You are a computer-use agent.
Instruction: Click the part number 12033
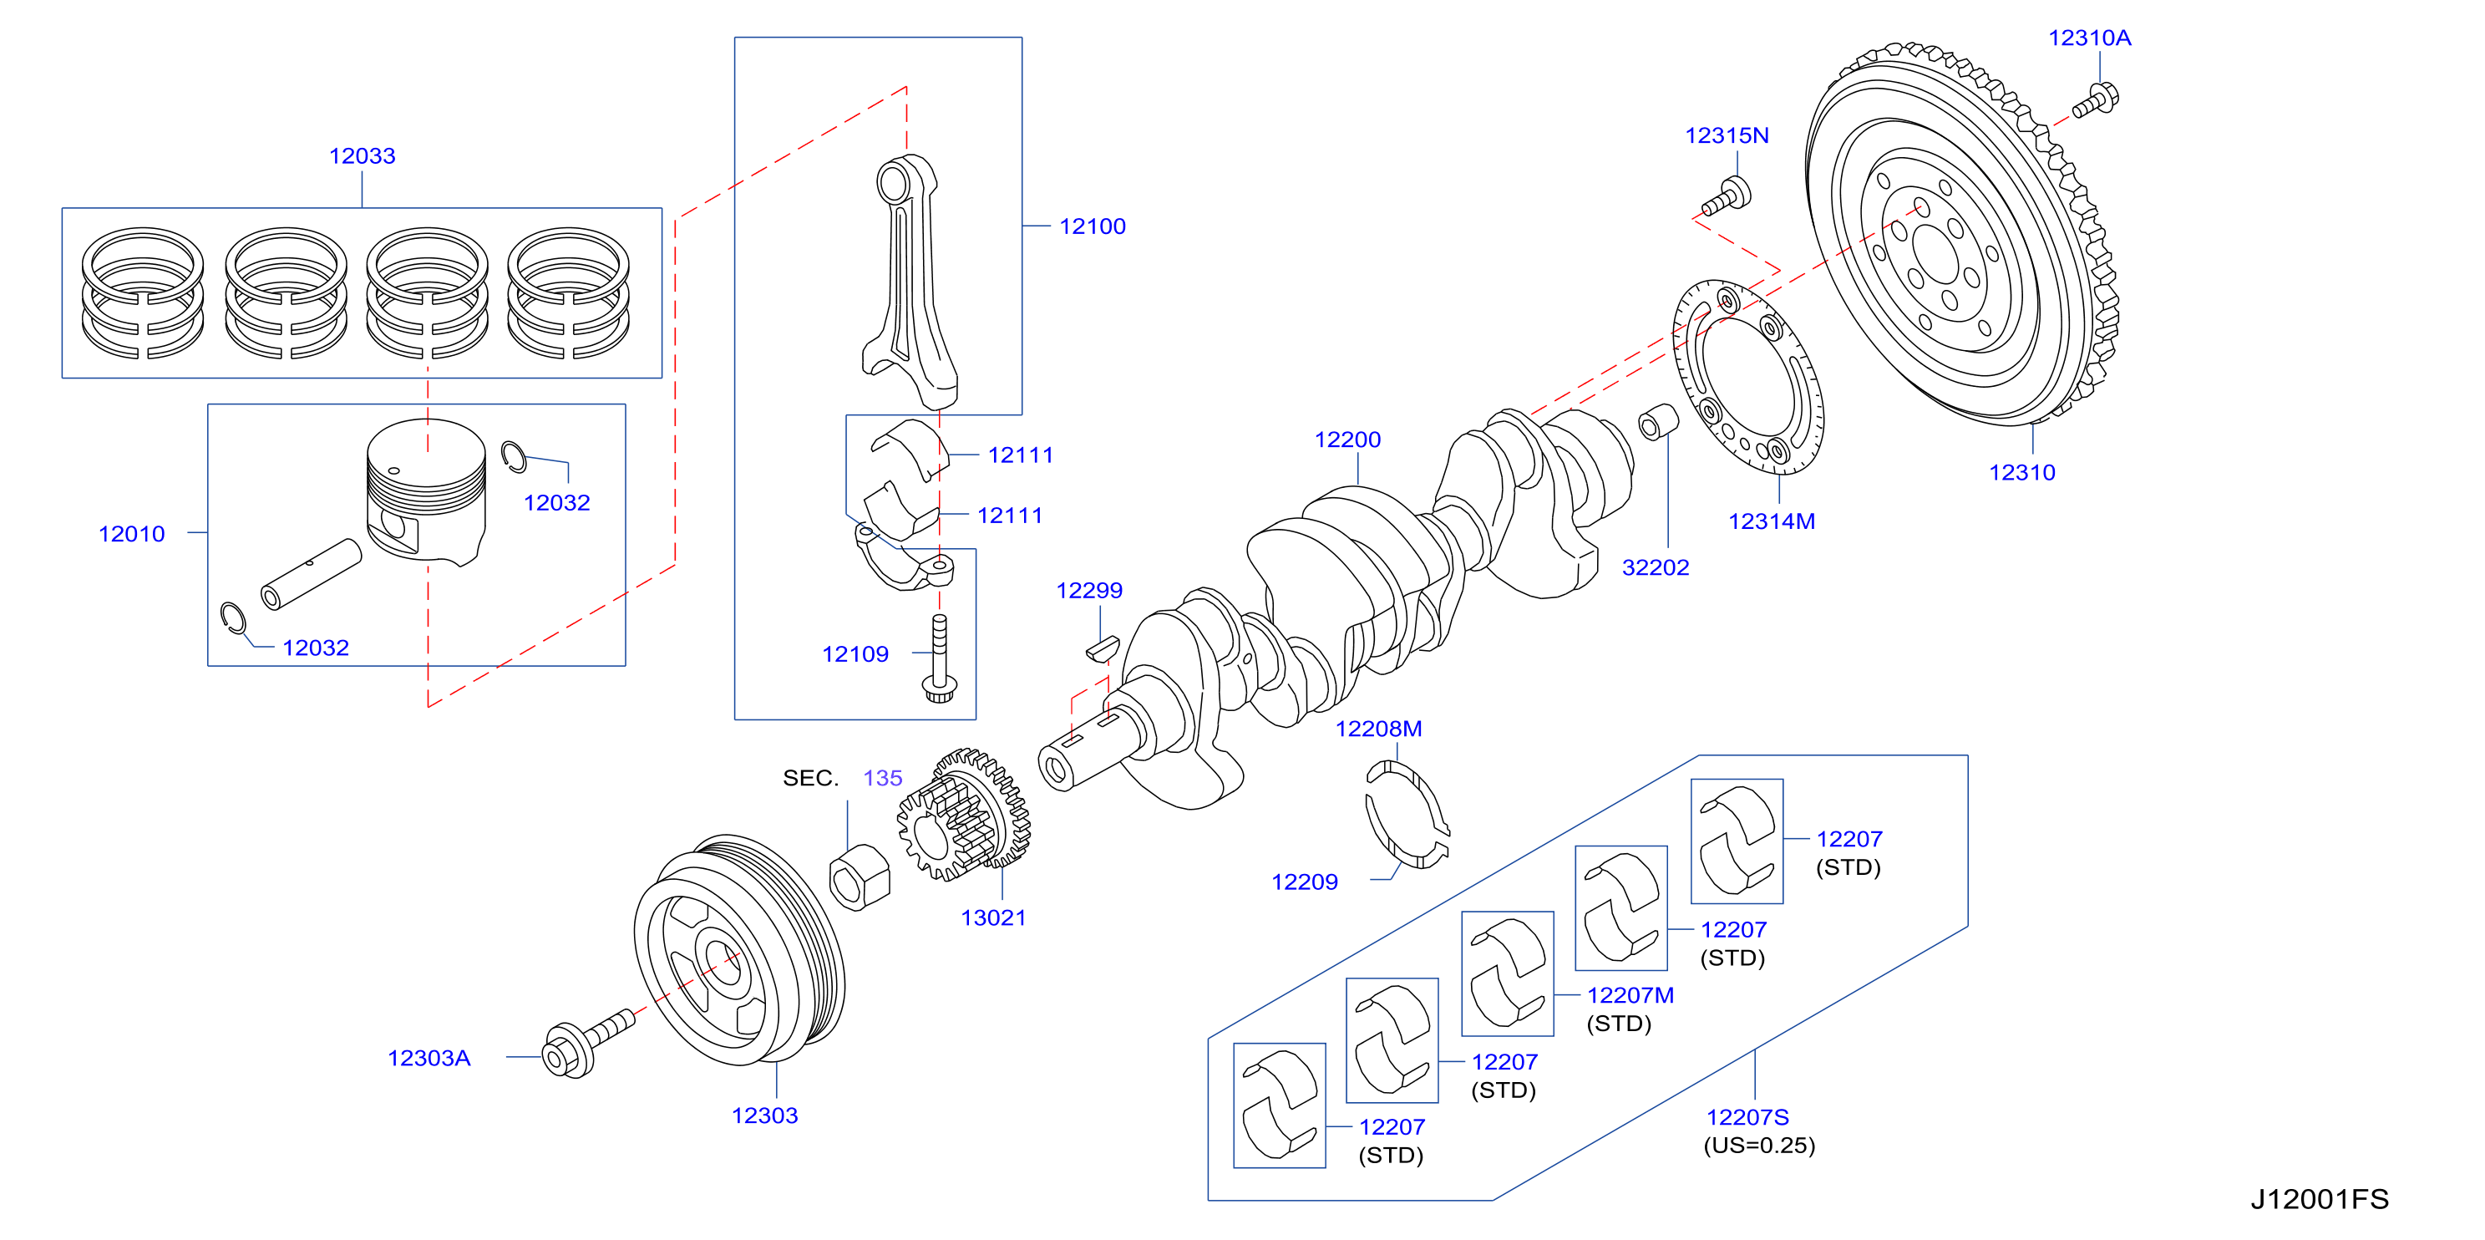pos(362,155)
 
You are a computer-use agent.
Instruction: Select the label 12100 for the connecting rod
pos(1092,226)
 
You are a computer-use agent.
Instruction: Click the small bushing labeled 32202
pos(1658,422)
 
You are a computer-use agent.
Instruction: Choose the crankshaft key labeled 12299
pos(1103,648)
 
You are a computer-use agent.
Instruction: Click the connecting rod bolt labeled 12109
pos(940,658)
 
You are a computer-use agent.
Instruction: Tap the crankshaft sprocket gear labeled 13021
pos(964,816)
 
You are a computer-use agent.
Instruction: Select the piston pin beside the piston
pos(312,574)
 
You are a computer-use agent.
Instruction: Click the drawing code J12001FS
pos(2319,1198)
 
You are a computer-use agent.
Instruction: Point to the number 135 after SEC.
pos(883,778)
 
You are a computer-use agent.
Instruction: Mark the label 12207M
pos(1630,995)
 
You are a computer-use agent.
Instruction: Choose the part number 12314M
pos(1771,521)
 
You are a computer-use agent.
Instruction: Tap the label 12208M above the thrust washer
pos(1378,729)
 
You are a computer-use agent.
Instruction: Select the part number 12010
pos(131,534)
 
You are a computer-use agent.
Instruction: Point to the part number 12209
pos(1304,882)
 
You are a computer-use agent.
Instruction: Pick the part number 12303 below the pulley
pos(765,1115)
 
